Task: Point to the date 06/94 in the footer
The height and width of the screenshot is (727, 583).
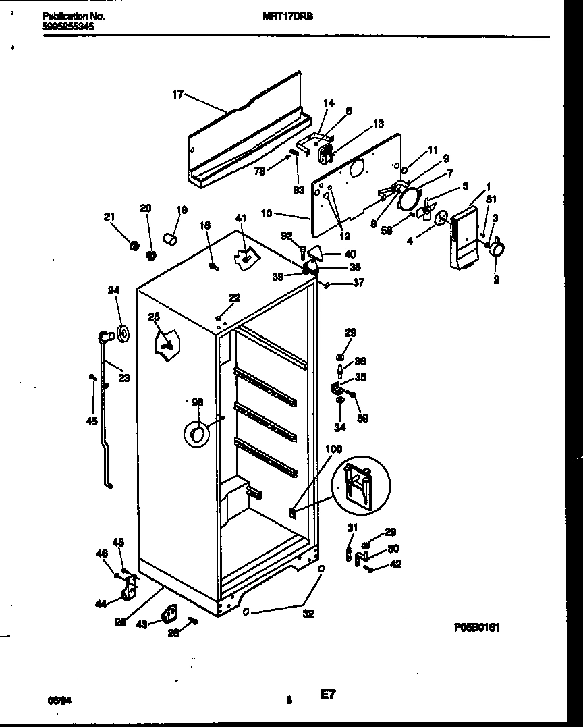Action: [59, 701]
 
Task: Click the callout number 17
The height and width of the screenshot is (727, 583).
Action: [177, 95]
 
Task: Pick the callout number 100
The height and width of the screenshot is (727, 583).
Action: [333, 449]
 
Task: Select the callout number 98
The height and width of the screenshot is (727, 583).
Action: [197, 402]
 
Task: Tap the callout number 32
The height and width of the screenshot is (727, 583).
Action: [308, 614]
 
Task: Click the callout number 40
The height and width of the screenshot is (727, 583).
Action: [350, 254]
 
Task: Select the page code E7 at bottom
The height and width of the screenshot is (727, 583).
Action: [327, 693]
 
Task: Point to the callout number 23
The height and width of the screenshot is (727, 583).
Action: [123, 378]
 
